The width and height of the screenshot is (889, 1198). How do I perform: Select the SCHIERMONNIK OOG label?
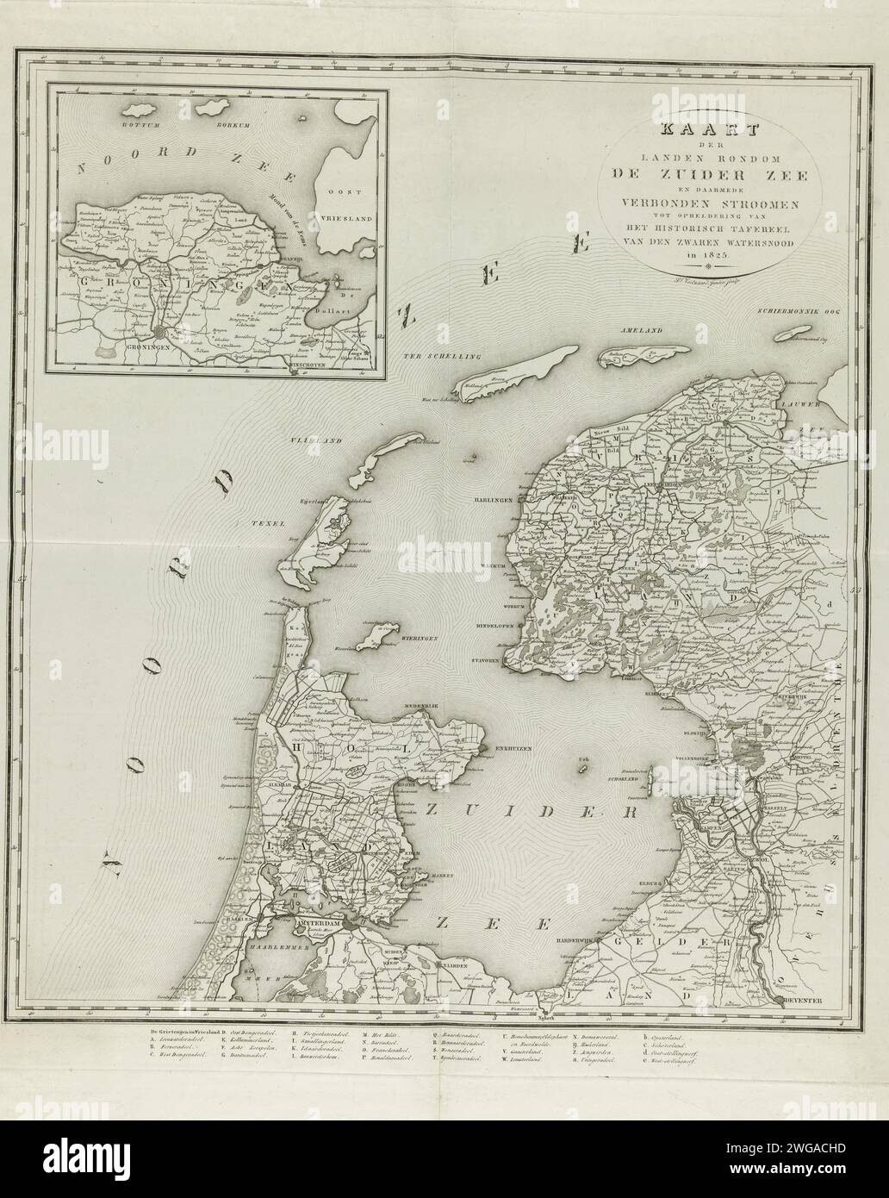pyautogui.click(x=797, y=309)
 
